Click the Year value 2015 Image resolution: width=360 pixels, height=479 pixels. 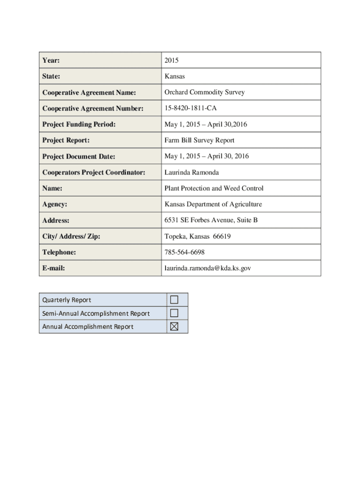tap(172, 60)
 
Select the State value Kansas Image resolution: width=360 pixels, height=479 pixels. tap(174, 76)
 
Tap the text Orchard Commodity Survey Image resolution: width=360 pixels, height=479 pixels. tap(204, 92)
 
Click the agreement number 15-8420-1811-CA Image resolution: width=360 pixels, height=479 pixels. tap(190, 108)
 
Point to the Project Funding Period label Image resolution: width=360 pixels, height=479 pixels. tap(79, 124)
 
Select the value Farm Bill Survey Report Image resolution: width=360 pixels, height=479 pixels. tap(199, 140)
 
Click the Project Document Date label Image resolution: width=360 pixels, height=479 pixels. tap(79, 156)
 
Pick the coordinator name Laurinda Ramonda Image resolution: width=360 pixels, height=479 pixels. tap(191, 172)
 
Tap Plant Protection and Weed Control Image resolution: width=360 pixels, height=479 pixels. tap(214, 188)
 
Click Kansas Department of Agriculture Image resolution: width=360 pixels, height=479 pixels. tap(213, 204)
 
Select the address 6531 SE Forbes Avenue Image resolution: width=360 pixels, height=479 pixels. tap(203, 220)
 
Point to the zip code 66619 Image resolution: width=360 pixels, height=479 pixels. tap(222, 236)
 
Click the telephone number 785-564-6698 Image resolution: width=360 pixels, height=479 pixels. tap(184, 252)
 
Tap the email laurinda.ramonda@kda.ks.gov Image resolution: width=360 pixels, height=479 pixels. tap(208, 268)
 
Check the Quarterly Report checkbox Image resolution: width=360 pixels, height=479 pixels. tap(174, 299)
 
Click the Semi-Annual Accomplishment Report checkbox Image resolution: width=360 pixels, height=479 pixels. tap(174, 312)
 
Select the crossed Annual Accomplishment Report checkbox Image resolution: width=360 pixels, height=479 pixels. tap(174, 327)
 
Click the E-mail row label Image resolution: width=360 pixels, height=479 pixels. tap(53, 268)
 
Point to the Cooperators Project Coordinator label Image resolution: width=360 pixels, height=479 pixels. tap(94, 172)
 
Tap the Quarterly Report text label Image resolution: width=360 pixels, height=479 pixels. tap(66, 300)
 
